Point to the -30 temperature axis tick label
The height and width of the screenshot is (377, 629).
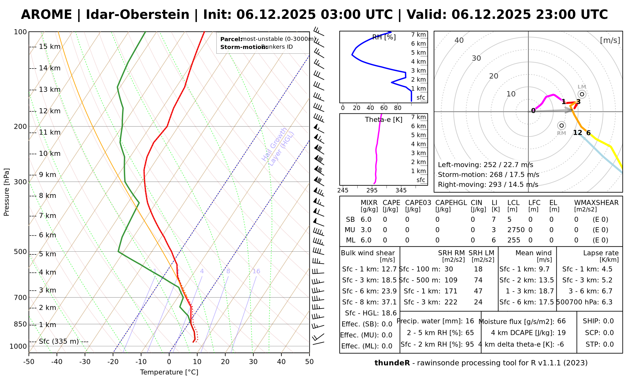(x=85, y=362)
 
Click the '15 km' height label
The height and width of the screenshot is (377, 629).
(x=49, y=47)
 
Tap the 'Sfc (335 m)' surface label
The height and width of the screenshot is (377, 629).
(x=59, y=341)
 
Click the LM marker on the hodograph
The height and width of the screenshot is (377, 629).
(x=582, y=94)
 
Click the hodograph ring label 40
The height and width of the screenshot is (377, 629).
(x=459, y=40)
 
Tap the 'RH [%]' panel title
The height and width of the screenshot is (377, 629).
(x=384, y=37)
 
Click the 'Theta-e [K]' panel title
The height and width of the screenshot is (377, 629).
(x=384, y=120)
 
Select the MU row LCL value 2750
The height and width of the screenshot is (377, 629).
(x=516, y=230)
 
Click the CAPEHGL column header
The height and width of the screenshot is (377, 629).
(x=451, y=203)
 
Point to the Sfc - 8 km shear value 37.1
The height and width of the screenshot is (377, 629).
(x=389, y=302)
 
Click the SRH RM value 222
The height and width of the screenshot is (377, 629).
(x=451, y=302)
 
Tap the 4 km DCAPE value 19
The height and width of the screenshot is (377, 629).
(x=561, y=333)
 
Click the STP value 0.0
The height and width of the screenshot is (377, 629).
(x=608, y=344)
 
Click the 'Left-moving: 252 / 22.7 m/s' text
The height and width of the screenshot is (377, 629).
(x=485, y=165)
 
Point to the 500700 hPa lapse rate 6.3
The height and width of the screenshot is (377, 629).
(x=607, y=302)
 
